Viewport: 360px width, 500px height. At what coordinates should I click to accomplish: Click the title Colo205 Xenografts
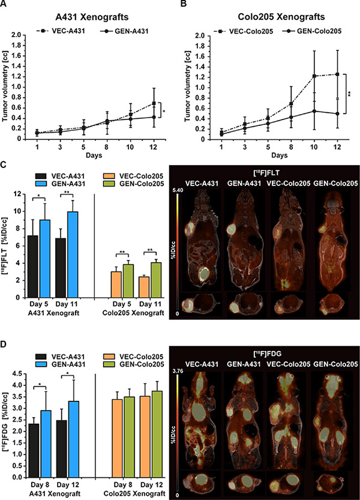click(281, 16)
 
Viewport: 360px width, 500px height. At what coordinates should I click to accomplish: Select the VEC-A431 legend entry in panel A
click(61, 31)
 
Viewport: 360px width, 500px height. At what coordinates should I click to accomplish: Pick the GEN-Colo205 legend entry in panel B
click(311, 31)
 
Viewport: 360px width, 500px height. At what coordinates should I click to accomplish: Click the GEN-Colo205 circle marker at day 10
click(314, 111)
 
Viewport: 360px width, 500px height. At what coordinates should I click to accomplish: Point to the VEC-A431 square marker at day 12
click(154, 103)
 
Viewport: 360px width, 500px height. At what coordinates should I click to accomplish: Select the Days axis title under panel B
click(280, 155)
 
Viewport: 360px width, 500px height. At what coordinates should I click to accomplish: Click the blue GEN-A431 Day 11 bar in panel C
click(73, 255)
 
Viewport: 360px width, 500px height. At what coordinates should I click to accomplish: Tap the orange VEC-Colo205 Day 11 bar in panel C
click(146, 287)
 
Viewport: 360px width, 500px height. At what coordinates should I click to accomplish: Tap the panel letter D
click(3, 346)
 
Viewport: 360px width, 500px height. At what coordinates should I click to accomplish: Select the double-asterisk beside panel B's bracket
click(350, 94)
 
